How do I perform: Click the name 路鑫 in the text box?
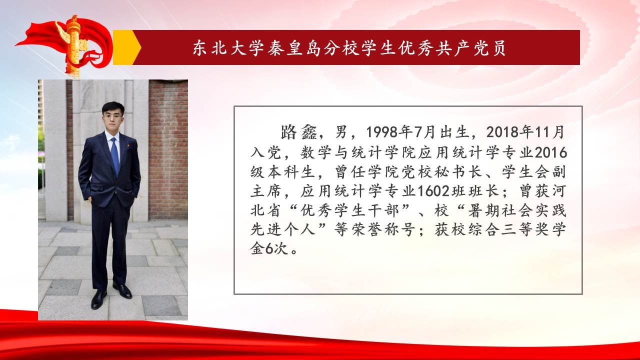[x=299, y=132]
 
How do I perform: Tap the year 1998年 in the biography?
[x=389, y=132]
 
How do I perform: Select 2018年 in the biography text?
[x=509, y=132]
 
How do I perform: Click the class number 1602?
[x=433, y=191]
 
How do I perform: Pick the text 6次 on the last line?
[x=276, y=249]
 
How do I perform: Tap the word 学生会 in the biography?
[x=526, y=172]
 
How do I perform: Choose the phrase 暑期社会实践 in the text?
[x=517, y=210]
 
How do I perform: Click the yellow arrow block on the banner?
[x=127, y=47]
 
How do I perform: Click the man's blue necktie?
[x=115, y=155]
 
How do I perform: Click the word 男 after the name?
[x=341, y=132]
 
